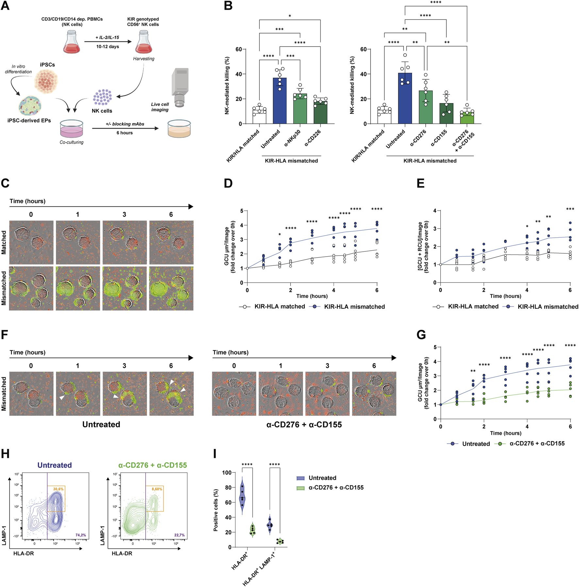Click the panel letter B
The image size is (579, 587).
point(228,6)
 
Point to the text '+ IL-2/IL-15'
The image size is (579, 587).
point(107,38)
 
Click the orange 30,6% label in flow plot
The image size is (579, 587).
point(58,489)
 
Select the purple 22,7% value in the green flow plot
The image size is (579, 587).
point(179,535)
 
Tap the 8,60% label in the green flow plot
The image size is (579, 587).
point(157,489)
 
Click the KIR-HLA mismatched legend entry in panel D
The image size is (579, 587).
point(354,307)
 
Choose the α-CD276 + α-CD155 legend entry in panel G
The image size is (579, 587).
point(537,443)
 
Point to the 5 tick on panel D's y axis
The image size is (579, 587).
point(241,211)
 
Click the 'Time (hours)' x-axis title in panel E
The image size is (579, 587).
point(505,296)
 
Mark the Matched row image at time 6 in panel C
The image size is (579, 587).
point(171,242)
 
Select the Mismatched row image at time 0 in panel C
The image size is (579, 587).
point(31,288)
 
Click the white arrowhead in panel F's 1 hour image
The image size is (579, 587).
point(62,397)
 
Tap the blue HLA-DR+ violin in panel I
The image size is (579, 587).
point(242,496)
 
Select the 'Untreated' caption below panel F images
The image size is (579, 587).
point(101,424)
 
